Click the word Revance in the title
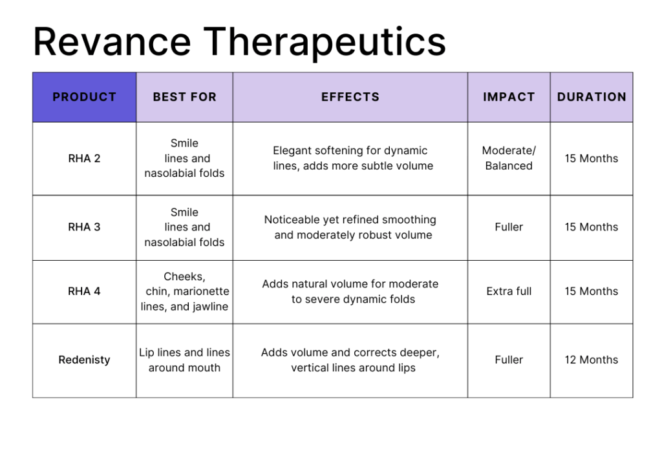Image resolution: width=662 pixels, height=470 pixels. click(112, 42)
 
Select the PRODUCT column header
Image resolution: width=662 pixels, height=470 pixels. click(85, 97)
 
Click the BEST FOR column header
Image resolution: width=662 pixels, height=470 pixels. click(184, 97)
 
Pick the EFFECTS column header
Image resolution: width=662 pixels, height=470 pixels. click(350, 97)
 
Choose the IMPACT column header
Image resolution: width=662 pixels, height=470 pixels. click(509, 97)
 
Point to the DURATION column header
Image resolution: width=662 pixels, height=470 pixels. click(592, 97)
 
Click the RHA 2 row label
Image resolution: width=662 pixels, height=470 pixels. click(85, 158)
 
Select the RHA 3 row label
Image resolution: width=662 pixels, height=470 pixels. click(85, 227)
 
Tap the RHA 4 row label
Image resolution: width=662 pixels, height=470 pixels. click(85, 291)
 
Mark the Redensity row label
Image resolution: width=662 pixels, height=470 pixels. click(85, 360)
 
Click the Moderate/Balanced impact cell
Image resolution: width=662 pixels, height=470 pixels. click(509, 158)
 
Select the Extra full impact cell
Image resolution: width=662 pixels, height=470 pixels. click(509, 291)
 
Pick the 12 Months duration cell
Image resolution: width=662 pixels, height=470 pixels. click(592, 360)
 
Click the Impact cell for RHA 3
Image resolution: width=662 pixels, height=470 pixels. click(509, 227)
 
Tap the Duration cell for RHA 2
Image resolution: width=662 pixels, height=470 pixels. click(592, 158)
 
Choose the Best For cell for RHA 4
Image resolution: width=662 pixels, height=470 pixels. click(184, 291)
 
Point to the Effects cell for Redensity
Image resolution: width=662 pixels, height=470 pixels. click(350, 360)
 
